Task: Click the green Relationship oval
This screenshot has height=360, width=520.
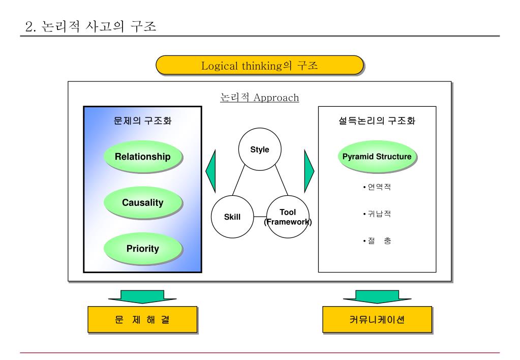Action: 142,157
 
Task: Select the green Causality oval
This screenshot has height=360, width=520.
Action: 142,203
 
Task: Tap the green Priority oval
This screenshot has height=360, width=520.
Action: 142,249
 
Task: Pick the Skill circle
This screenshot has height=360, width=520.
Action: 232,217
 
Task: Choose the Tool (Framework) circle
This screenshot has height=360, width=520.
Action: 288,217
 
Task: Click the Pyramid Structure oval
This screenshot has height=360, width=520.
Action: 377,157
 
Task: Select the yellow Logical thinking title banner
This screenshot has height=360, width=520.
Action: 259,66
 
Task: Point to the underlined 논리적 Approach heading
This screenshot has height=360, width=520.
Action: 259,98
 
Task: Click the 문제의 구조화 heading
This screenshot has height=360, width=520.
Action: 142,122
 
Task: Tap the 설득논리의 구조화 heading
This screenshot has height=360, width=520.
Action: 377,122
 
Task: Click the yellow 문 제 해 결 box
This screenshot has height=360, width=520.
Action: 142,320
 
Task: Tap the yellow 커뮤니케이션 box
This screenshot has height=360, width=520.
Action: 377,320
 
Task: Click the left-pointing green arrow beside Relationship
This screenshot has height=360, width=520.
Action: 210,171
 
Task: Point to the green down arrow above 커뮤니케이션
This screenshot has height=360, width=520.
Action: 377,296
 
